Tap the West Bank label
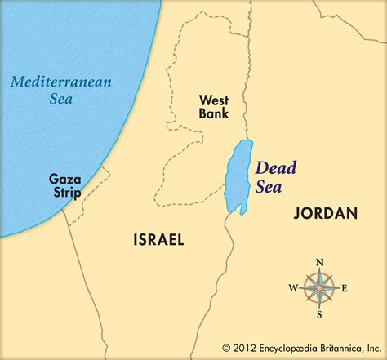click(214, 106)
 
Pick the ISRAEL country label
click(158, 239)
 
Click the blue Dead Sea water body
click(239, 176)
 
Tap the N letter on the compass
click(319, 262)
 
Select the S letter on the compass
click(319, 314)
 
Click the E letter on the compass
click(345, 288)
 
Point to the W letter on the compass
click(292, 288)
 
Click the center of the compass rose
click(319, 287)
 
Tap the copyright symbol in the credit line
click(227, 347)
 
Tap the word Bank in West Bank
click(214, 113)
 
